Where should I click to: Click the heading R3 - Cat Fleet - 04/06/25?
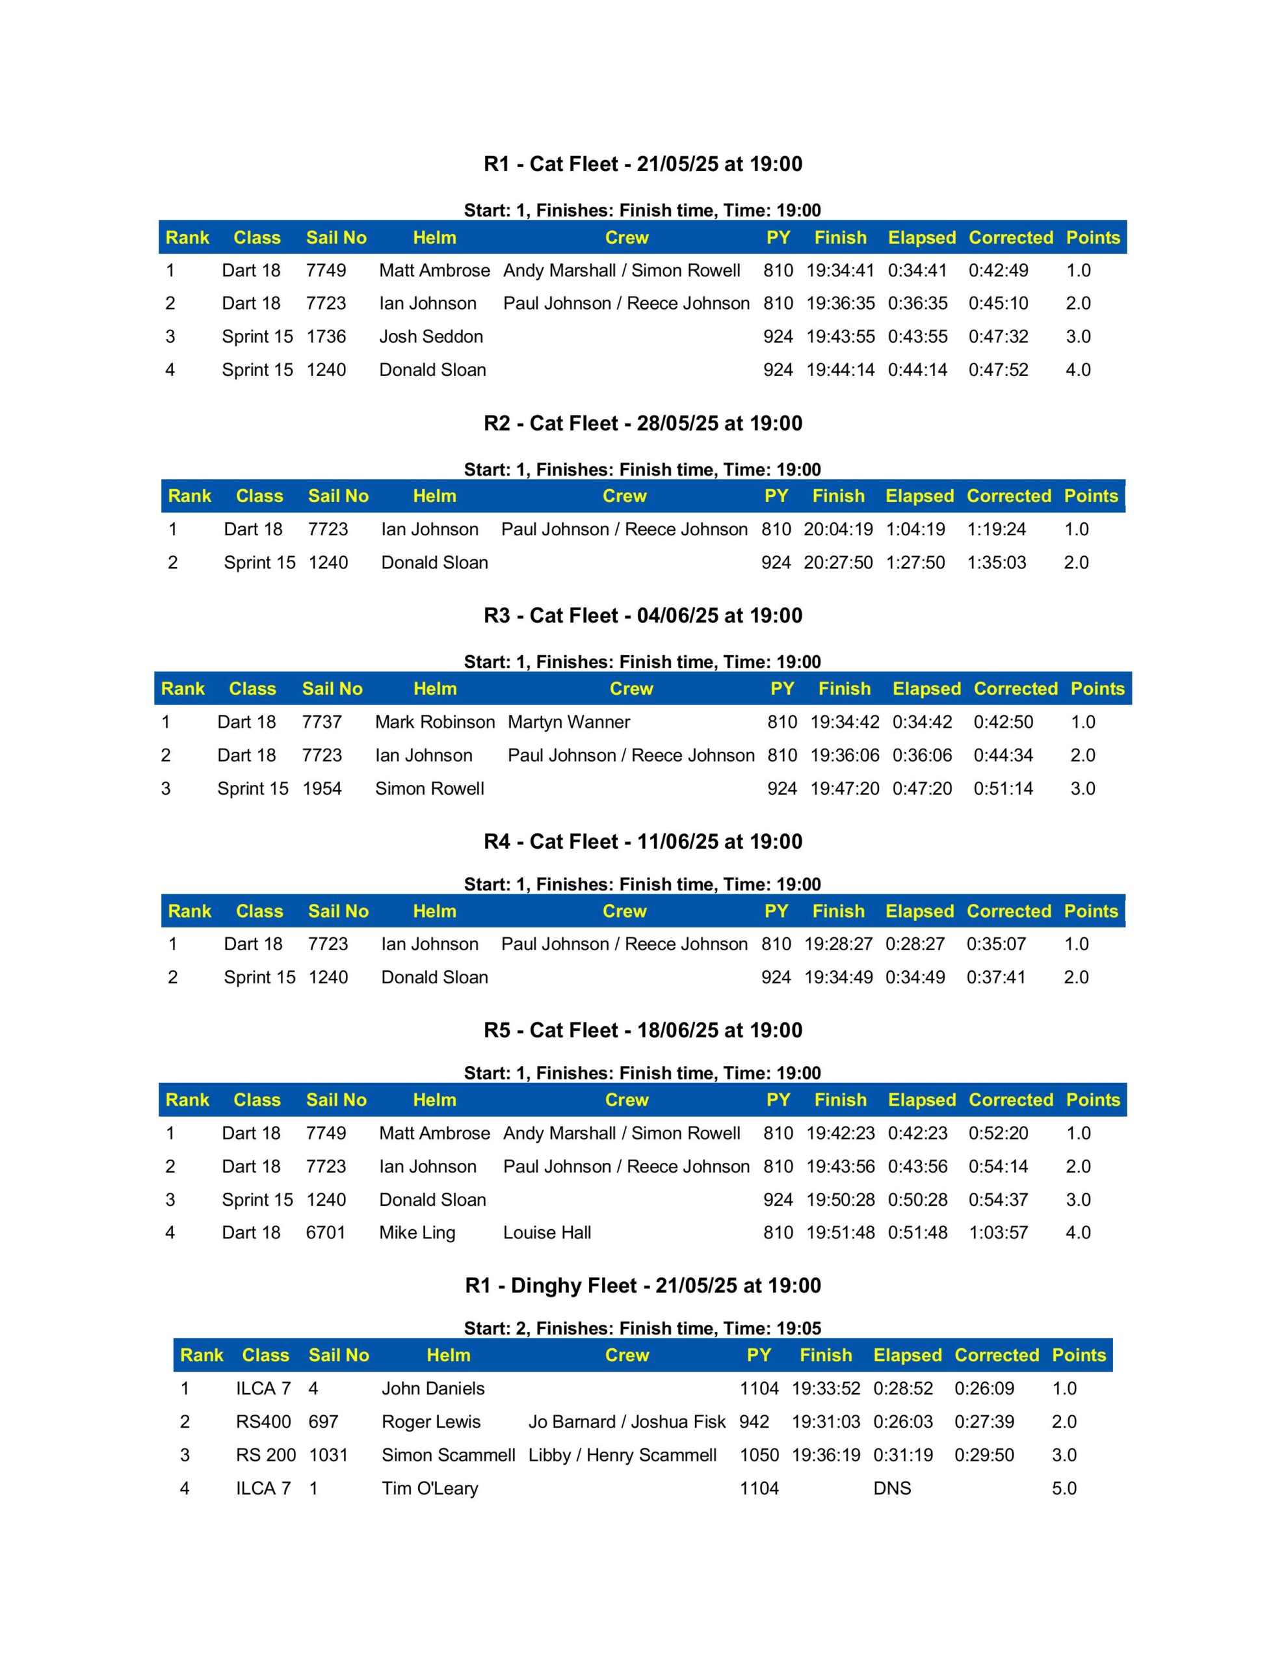642,615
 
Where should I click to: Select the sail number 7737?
322,722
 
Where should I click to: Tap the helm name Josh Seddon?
430,336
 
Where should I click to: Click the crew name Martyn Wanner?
569,722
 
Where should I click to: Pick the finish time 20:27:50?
838,563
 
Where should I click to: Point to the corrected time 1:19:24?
996,529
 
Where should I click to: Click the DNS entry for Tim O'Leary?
892,1488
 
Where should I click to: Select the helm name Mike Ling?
417,1232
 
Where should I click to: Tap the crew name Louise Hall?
547,1232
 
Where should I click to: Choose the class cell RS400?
263,1422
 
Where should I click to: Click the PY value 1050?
759,1454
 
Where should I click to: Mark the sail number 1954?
322,788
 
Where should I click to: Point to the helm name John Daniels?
433,1389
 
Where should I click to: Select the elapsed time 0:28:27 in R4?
915,944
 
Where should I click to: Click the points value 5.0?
1064,1488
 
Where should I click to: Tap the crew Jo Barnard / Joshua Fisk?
627,1422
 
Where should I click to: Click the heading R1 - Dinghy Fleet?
642,1285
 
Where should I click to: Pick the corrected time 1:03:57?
998,1232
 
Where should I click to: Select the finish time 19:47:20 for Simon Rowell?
845,788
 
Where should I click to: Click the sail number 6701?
326,1232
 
